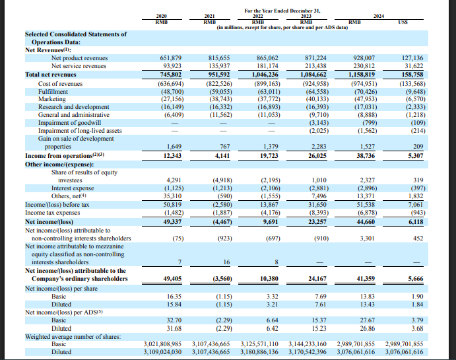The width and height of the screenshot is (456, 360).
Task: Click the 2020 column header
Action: (x=160, y=15)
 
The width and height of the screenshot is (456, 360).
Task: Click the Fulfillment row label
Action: (x=53, y=91)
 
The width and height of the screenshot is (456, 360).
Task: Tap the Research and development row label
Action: (x=74, y=106)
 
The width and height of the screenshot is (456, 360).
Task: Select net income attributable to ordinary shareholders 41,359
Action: (x=362, y=279)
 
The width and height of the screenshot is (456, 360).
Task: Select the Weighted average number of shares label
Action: (x=73, y=337)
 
